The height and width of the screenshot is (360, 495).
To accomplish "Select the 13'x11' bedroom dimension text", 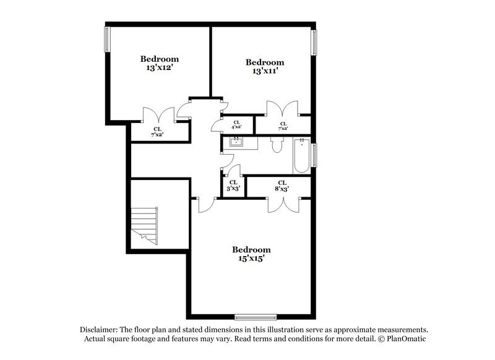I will point(265,71).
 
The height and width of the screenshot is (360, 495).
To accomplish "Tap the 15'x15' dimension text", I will point(251,259).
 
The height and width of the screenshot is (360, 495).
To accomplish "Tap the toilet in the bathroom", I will point(277,145).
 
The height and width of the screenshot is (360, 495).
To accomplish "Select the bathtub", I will point(301,155).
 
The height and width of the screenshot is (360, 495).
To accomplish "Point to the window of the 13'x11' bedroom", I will point(314,48).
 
